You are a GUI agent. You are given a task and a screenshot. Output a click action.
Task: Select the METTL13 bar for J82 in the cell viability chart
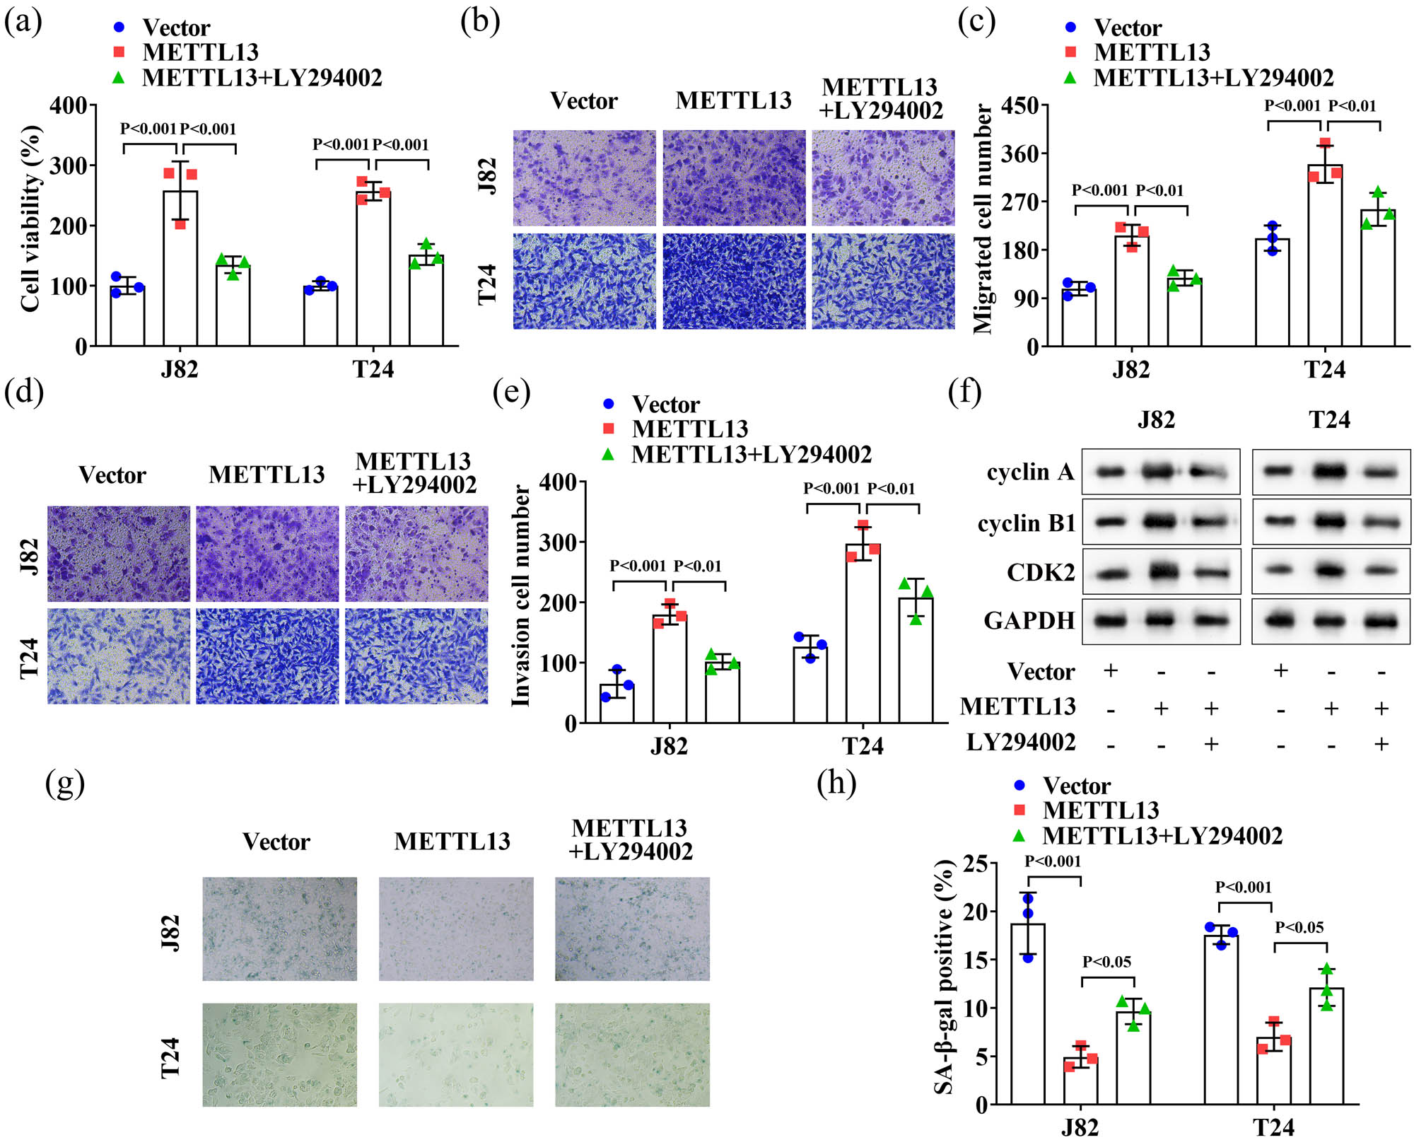coord(180,269)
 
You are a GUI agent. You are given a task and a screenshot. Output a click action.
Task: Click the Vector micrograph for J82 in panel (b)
coord(584,178)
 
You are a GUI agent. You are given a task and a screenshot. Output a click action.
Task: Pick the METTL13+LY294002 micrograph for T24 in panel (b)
coord(883,281)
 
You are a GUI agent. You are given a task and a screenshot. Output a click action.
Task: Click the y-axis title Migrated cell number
coord(983,219)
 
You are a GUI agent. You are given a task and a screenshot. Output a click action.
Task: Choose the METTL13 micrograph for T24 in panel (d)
coord(267,656)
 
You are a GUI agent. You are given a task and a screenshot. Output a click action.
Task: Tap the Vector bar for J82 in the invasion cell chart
coord(617,703)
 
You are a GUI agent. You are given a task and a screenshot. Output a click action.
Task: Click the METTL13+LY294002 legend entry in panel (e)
coord(751,454)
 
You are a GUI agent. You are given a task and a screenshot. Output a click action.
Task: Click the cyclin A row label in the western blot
coord(1030,472)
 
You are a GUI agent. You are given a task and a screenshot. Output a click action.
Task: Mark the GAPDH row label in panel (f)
coord(1029,620)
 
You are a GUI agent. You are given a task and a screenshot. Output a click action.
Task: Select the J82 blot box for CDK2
coord(1161,571)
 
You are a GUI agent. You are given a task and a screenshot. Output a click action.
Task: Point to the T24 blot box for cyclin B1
coord(1331,522)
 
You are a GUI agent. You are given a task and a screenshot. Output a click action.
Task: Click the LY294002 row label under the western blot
coord(1020,742)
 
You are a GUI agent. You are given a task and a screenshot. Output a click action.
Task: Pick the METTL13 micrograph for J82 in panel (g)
coord(456,929)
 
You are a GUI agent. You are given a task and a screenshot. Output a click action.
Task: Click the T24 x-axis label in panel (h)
coord(1273,1127)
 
